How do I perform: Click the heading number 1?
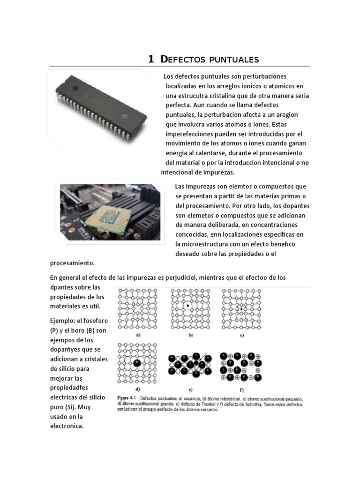pos(151,59)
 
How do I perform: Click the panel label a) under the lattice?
pos(138,336)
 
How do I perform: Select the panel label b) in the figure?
pos(191,336)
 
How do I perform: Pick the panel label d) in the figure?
pos(137,389)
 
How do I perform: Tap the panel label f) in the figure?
pos(241,389)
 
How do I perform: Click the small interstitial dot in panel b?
pos(187,306)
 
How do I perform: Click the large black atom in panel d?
pos(136,362)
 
